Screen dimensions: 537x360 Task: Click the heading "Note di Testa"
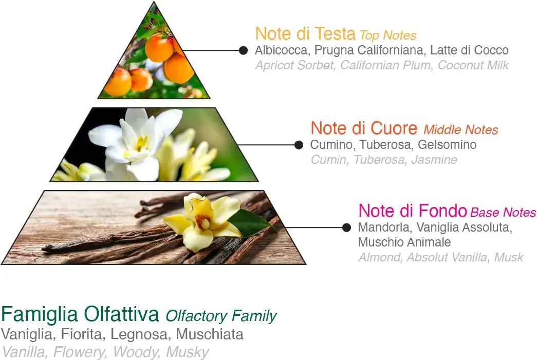point(305,34)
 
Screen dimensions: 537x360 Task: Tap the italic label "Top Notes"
point(388,35)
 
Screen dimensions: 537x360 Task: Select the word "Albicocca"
point(281,50)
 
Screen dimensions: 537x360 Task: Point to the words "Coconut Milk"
point(473,65)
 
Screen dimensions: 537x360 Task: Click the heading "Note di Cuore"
point(364,128)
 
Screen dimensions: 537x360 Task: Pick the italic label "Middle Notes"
point(460,130)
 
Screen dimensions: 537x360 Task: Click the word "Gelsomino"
point(447,145)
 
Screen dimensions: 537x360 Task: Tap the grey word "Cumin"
point(329,160)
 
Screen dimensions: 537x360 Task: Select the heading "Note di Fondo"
point(413,211)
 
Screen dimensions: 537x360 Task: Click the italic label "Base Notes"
point(503,213)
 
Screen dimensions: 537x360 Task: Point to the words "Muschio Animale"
point(404,242)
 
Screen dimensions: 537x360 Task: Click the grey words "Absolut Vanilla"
point(447,257)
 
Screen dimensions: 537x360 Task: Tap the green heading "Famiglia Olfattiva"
point(80,314)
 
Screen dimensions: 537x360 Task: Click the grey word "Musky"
point(188,352)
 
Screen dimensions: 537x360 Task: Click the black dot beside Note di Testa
point(243,51)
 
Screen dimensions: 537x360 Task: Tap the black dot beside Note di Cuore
point(299,145)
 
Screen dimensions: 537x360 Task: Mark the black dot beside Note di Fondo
point(346,228)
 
